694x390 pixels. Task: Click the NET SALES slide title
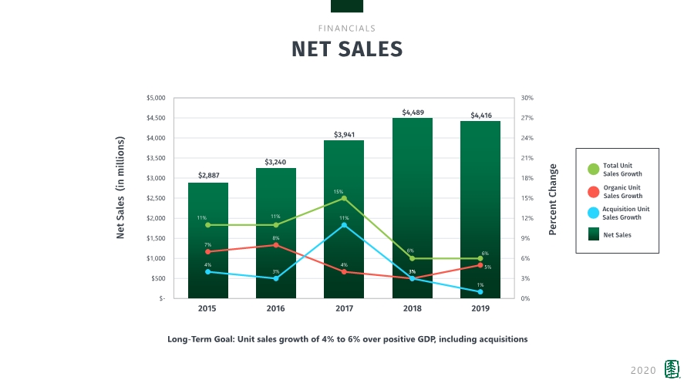click(x=347, y=49)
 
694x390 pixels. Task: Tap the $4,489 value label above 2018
click(x=413, y=112)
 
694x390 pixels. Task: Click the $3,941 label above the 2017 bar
click(x=345, y=134)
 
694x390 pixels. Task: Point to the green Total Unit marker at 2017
click(x=344, y=198)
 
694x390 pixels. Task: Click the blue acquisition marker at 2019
click(x=480, y=291)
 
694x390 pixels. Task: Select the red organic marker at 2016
click(x=276, y=245)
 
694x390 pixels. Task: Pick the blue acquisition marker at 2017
click(x=344, y=225)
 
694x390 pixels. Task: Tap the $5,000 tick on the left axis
click(x=156, y=98)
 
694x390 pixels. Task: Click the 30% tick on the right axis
click(x=527, y=98)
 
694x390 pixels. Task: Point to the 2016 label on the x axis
click(x=275, y=308)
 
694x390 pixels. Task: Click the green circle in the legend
click(x=593, y=170)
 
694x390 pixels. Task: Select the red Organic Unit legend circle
click(x=593, y=191)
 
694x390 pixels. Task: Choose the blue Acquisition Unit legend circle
click(x=593, y=213)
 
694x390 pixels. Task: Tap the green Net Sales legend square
click(x=593, y=234)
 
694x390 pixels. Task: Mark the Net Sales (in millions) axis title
click(x=120, y=187)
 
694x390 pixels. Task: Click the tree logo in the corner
click(x=673, y=370)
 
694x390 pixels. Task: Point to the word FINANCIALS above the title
click(x=347, y=29)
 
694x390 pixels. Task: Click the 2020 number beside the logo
click(x=643, y=371)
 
